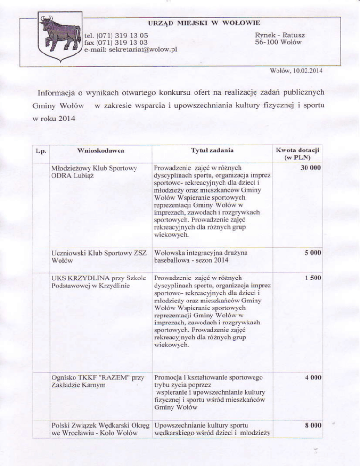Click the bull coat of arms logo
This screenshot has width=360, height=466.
click(61, 36)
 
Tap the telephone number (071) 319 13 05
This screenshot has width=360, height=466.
click(123, 35)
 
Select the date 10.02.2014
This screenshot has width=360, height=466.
click(309, 72)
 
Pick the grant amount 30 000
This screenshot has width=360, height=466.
click(309, 167)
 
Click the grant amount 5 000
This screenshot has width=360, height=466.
click(311, 253)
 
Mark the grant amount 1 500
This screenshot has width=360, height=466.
click(311, 278)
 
